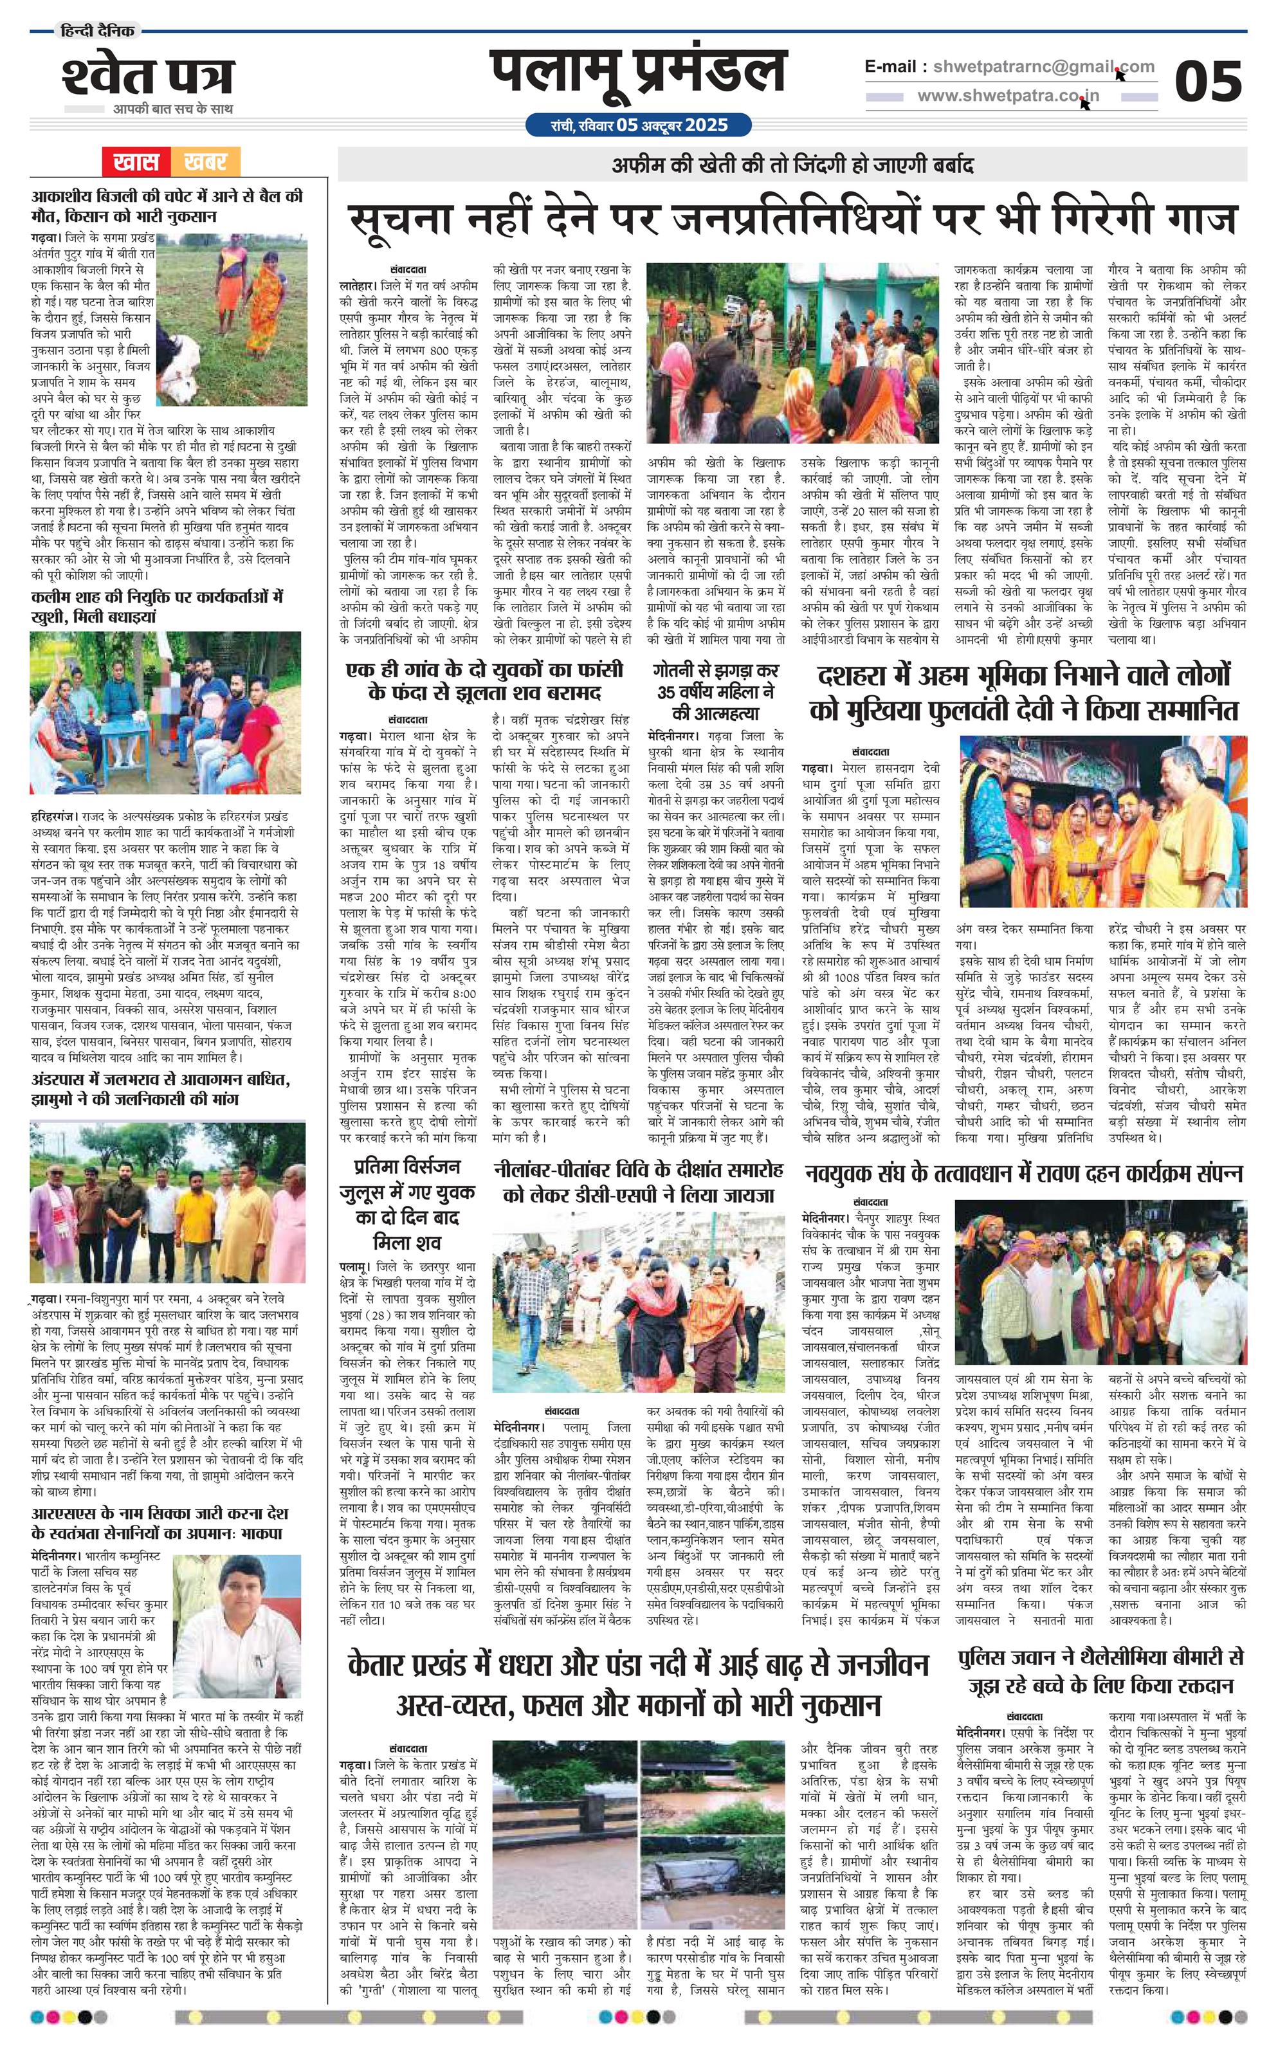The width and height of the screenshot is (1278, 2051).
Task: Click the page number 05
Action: (x=1209, y=82)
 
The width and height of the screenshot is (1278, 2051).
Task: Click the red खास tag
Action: (x=136, y=161)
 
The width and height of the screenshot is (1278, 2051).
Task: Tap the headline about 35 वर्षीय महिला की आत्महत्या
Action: (x=715, y=692)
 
